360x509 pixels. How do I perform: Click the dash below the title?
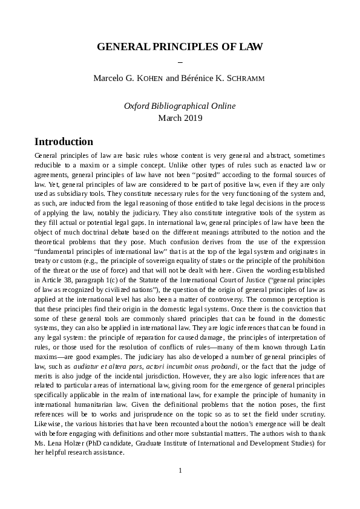pyautogui.click(x=180, y=62)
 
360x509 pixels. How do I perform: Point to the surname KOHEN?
pyautogui.click(x=152, y=78)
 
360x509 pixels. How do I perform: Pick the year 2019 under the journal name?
pyautogui.click(x=192, y=118)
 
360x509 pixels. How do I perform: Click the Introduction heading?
pyautogui.click(x=64, y=142)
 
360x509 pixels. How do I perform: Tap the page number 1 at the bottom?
pyautogui.click(x=180, y=470)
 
